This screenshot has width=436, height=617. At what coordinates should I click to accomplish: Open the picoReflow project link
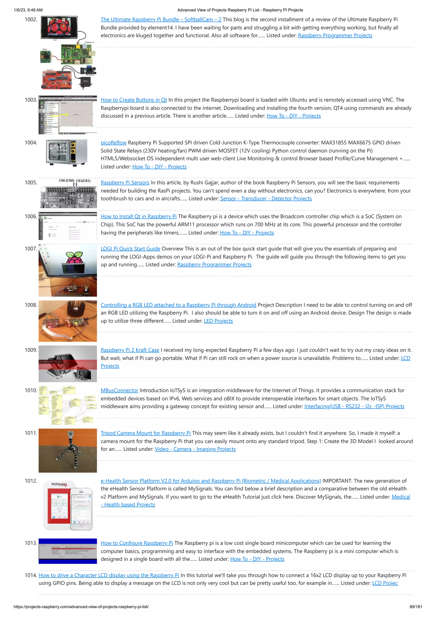click(113, 143)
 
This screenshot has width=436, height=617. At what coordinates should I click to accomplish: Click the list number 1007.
click(31, 249)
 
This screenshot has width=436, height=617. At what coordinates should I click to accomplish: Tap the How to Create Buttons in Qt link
click(134, 100)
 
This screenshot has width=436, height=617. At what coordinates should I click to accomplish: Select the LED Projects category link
click(218, 321)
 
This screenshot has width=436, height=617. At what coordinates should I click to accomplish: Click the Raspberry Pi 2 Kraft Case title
click(130, 350)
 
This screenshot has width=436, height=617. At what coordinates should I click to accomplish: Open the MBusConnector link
click(119, 390)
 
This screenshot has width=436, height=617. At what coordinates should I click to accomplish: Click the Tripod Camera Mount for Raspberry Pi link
click(146, 433)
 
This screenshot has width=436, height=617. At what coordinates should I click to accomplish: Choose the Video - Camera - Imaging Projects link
click(195, 449)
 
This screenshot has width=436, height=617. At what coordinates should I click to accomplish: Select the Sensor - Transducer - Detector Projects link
click(266, 198)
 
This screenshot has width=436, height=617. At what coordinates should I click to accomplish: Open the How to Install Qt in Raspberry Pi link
click(139, 217)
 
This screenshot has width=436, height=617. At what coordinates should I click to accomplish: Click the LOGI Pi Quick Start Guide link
click(130, 249)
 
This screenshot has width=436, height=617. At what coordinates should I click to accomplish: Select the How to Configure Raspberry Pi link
click(137, 543)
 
